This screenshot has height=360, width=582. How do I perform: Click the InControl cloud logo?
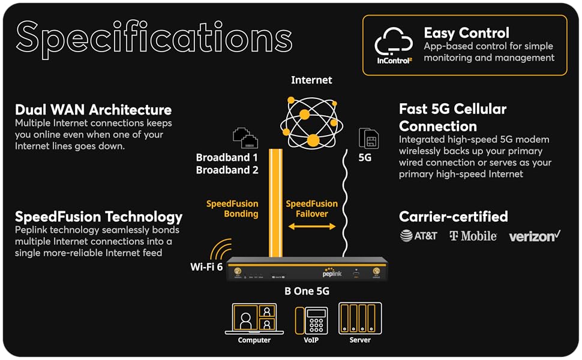pyautogui.click(x=394, y=44)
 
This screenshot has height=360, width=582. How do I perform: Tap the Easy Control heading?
pyautogui.click(x=466, y=33)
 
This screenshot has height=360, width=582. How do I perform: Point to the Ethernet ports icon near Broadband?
pyautogui.click(x=245, y=138)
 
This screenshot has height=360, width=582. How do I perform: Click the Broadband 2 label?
pyautogui.click(x=227, y=170)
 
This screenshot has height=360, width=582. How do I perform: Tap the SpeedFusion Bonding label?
pyautogui.click(x=232, y=209)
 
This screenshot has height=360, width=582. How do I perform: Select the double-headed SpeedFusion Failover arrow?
pyautogui.click(x=311, y=226)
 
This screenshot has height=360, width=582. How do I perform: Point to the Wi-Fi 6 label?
pyautogui.click(x=207, y=266)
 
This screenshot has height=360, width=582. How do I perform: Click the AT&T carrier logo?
pyautogui.click(x=419, y=236)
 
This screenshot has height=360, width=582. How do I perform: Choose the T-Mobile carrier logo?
pyautogui.click(x=473, y=236)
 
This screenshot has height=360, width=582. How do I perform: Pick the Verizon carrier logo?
pyautogui.click(x=534, y=236)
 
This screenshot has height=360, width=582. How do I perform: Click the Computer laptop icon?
pyautogui.click(x=250, y=319)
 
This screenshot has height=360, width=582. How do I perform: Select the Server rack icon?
pyautogui.click(x=360, y=318)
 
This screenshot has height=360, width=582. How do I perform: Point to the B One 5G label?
pyautogui.click(x=307, y=292)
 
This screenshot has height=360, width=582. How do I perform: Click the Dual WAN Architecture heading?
pyautogui.click(x=93, y=110)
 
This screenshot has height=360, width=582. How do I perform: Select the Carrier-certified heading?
pyautogui.click(x=454, y=217)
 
